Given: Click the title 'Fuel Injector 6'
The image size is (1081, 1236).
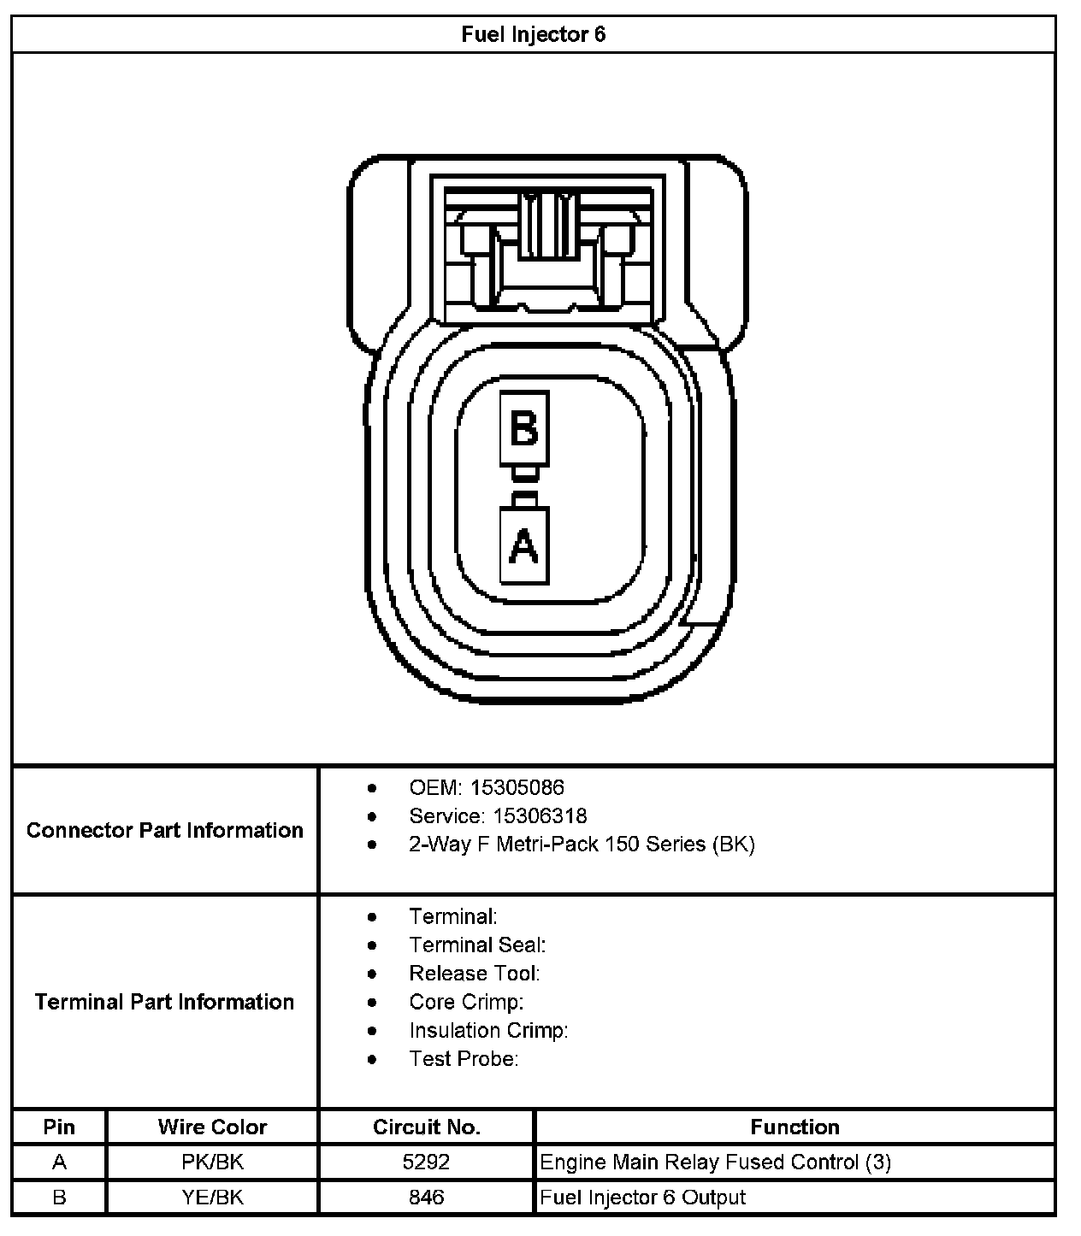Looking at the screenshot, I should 533,35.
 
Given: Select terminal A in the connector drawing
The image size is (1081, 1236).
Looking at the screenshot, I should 523,545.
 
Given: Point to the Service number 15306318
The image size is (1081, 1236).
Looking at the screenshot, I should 540,815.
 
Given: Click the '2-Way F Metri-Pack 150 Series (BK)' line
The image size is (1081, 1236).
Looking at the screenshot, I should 582,845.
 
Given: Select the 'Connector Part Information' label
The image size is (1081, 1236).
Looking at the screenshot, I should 165,830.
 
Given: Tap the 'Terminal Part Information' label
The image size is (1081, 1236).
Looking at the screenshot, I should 165,1002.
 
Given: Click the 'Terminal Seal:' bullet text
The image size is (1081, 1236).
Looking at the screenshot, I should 477,945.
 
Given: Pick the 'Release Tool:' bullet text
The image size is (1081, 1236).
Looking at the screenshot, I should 475,974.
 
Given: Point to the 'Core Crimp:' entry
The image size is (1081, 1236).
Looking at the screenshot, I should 466,1002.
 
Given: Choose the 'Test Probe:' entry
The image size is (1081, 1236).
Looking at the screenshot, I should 464,1059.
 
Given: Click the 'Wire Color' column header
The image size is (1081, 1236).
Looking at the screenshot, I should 212,1127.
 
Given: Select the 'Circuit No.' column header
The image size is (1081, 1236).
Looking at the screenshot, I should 426,1127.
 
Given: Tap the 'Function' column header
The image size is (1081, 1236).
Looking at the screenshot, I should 795,1127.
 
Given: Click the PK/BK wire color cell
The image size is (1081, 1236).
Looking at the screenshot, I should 212,1162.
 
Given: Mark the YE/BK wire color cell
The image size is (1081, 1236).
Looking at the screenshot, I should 212,1198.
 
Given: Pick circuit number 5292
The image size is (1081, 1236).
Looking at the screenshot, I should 426,1162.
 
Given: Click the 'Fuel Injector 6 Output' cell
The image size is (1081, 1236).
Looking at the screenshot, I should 643,1198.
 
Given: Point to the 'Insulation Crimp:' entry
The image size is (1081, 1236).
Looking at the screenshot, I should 488,1031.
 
